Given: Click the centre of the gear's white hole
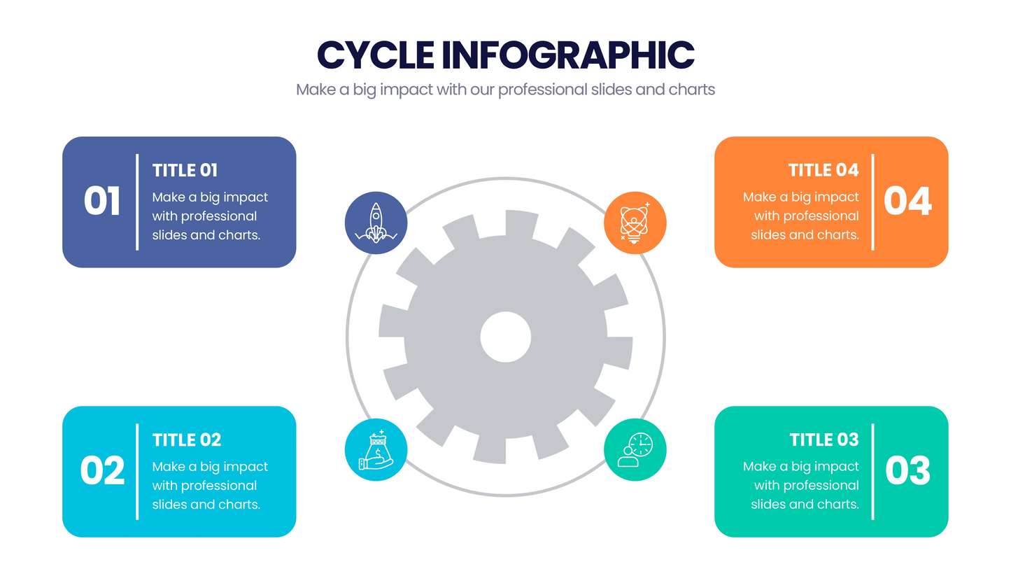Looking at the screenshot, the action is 505,337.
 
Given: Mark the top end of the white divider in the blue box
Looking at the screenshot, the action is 137,155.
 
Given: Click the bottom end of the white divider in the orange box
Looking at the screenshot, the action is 873,250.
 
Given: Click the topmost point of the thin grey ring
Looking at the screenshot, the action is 505,178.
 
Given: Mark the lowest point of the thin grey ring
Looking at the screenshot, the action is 505,496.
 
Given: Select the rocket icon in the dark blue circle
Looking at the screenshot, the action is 376,223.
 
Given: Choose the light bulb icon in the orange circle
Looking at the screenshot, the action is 635,223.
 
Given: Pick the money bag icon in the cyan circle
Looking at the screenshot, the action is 376,450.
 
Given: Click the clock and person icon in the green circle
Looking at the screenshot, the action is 635,450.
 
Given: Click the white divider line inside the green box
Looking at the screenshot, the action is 873,472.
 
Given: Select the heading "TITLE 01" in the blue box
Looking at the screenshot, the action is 185,171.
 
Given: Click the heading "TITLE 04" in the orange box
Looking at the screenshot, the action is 823,170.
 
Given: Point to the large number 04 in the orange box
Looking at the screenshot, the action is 907,201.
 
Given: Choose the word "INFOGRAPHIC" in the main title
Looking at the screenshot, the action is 568,55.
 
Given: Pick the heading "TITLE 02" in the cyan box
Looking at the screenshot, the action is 186,440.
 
